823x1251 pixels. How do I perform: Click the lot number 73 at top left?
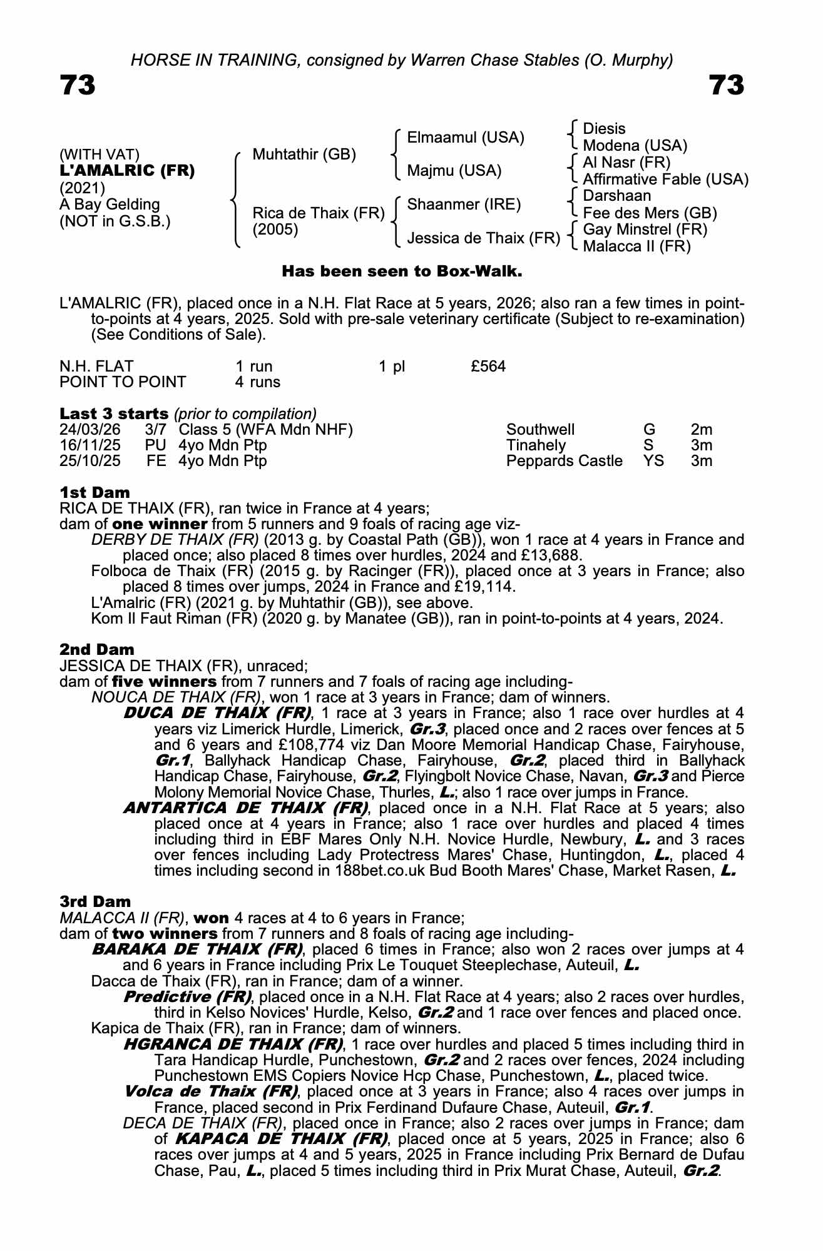click(78, 85)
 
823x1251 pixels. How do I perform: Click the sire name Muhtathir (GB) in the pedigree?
click(304, 154)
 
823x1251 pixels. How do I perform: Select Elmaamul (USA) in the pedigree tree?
click(465, 138)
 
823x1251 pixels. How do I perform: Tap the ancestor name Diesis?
click(603, 129)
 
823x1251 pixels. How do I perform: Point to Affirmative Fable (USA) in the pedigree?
click(665, 180)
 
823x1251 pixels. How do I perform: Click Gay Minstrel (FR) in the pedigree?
click(645, 230)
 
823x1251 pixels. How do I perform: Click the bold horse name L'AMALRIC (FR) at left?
click(127, 171)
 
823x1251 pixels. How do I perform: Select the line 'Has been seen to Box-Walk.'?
click(402, 271)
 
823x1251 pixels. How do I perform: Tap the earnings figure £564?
click(488, 367)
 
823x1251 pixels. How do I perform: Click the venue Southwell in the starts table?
click(540, 430)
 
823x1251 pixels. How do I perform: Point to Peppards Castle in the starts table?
click(564, 461)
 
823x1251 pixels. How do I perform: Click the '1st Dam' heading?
click(95, 492)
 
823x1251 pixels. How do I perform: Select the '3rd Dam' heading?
click(95, 901)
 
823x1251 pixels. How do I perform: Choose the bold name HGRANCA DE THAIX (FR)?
click(233, 1044)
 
